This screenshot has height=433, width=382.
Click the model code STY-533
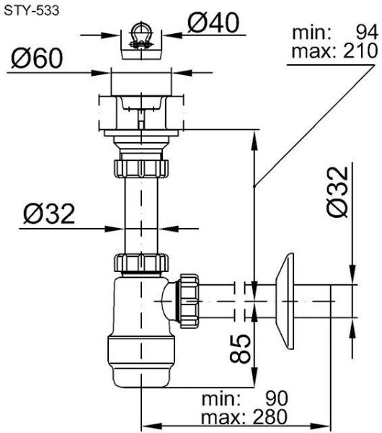pyautogui.click(x=32, y=11)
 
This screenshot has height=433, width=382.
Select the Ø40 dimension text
pyautogui.click(x=213, y=23)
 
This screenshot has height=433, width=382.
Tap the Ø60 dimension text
pyautogui.click(x=37, y=58)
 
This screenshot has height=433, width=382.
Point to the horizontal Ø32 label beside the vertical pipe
pyautogui.click(x=49, y=214)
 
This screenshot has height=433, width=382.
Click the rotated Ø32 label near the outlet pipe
pyautogui.click(x=337, y=192)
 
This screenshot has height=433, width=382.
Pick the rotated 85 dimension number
pyautogui.click(x=240, y=349)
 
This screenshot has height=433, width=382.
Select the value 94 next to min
pyautogui.click(x=367, y=32)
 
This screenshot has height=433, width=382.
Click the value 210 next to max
pyautogui.click(x=360, y=51)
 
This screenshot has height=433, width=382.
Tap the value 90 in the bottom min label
pyautogui.click(x=277, y=398)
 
